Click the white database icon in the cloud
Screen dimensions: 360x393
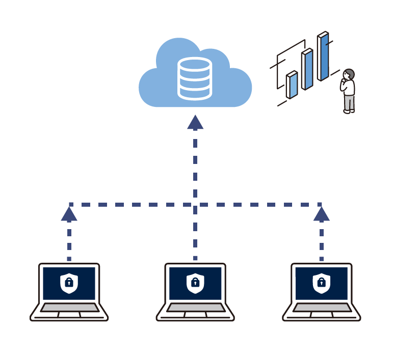click(194, 78)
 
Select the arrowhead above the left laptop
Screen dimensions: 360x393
click(69, 214)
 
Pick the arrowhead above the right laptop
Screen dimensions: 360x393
click(322, 214)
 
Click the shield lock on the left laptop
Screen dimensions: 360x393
click(69, 283)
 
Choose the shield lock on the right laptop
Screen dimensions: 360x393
click(322, 283)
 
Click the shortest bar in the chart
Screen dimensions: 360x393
click(292, 85)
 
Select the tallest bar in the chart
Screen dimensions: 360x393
click(323, 57)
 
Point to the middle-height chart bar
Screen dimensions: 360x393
click(307, 69)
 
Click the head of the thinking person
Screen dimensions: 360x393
click(349, 75)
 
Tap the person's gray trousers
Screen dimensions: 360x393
click(349, 102)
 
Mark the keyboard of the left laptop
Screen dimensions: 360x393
click(69, 308)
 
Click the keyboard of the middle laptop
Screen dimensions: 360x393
click(195, 308)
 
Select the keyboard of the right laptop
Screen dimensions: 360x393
click(322, 308)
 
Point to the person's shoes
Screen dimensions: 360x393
click(349, 111)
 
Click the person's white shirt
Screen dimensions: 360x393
click(349, 87)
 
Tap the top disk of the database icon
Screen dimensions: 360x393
click(194, 65)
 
